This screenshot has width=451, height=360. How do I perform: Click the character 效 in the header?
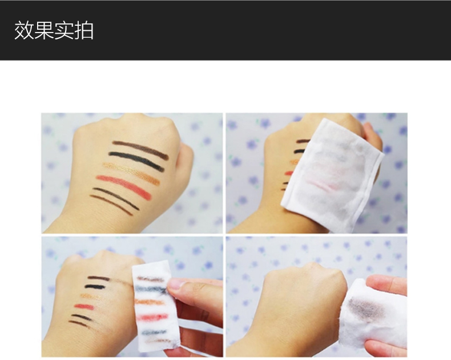pos(24,31)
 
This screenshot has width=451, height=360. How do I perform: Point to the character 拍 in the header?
pos(84,31)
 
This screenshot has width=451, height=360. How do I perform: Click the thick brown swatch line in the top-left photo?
pos(140,149)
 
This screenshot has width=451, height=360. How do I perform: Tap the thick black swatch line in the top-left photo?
pos(137,161)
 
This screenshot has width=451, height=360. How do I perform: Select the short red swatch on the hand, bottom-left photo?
pos(84,307)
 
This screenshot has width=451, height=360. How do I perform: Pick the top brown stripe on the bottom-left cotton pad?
pos(150,279)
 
